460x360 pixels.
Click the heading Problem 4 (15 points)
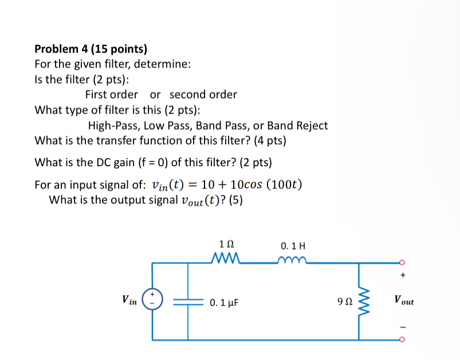(x=91, y=49)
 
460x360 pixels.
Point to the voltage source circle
(x=153, y=300)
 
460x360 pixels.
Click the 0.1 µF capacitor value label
(x=224, y=302)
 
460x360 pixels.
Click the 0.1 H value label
(x=293, y=246)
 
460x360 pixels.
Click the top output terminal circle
(x=402, y=263)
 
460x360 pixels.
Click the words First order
(x=112, y=94)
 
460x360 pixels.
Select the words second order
(x=203, y=94)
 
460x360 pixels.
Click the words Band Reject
(x=297, y=125)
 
